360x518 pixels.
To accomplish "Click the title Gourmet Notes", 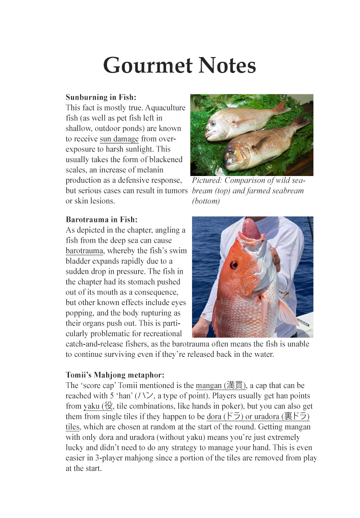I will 180,65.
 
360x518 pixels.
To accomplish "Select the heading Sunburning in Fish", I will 101,97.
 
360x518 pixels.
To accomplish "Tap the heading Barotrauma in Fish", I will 101,220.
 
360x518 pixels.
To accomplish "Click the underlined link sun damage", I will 119,139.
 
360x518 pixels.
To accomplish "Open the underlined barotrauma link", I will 84,251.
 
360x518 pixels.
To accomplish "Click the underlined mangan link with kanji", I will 221,386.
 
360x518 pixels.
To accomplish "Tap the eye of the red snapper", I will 234,264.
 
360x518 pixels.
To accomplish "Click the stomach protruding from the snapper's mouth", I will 252,229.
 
